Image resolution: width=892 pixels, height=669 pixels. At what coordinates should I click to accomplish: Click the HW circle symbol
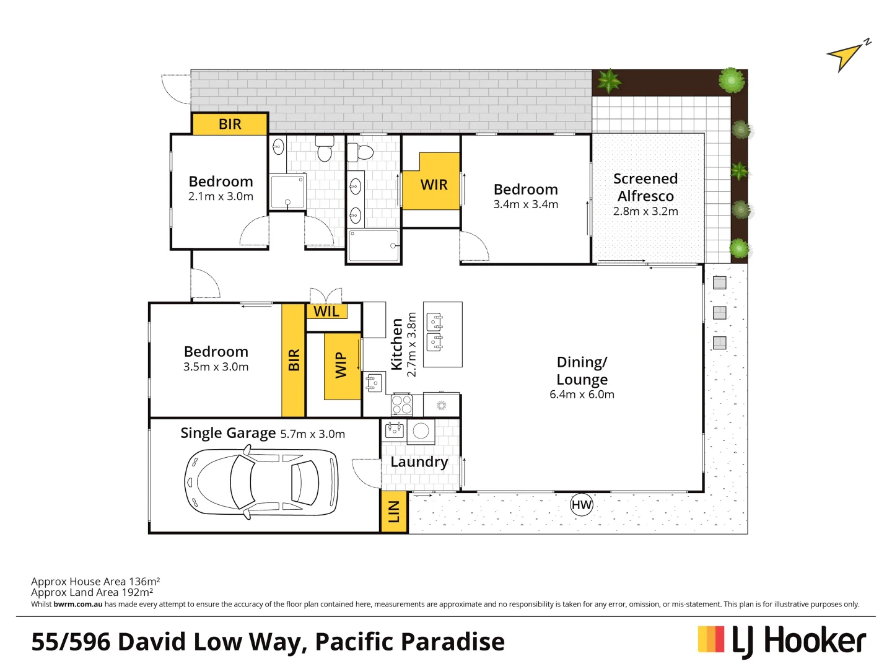581,505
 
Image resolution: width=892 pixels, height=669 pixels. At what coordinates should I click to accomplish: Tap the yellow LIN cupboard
394,512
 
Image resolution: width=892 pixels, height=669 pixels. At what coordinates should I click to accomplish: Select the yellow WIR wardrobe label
434,185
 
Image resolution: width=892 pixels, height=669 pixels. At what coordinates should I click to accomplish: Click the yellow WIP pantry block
341,365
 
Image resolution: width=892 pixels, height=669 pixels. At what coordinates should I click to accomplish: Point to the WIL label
326,312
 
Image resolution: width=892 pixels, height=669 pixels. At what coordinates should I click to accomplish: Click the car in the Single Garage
261,482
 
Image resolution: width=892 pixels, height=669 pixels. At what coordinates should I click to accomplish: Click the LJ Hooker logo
782,641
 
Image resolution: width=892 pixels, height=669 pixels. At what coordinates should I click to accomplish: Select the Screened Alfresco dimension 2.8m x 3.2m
645,211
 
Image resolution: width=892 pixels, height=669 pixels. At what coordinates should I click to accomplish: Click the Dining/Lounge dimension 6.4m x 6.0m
582,395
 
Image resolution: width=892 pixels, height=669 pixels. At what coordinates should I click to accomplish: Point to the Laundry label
419,462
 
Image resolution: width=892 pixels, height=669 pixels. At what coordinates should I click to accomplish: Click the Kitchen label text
396,344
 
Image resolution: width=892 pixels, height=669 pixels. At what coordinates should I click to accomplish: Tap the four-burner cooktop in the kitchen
401,405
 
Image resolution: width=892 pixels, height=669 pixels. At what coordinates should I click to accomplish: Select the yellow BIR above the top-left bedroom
230,124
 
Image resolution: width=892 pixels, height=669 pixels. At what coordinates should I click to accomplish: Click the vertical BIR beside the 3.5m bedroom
294,360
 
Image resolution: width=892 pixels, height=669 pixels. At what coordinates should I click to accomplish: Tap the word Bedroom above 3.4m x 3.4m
525,190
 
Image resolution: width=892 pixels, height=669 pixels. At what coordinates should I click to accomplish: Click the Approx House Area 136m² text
95,581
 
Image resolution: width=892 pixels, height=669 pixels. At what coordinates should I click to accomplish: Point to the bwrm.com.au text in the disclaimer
78,604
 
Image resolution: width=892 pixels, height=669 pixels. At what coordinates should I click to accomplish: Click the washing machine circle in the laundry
421,431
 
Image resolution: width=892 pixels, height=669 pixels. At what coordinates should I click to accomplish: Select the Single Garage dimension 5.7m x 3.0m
312,434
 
